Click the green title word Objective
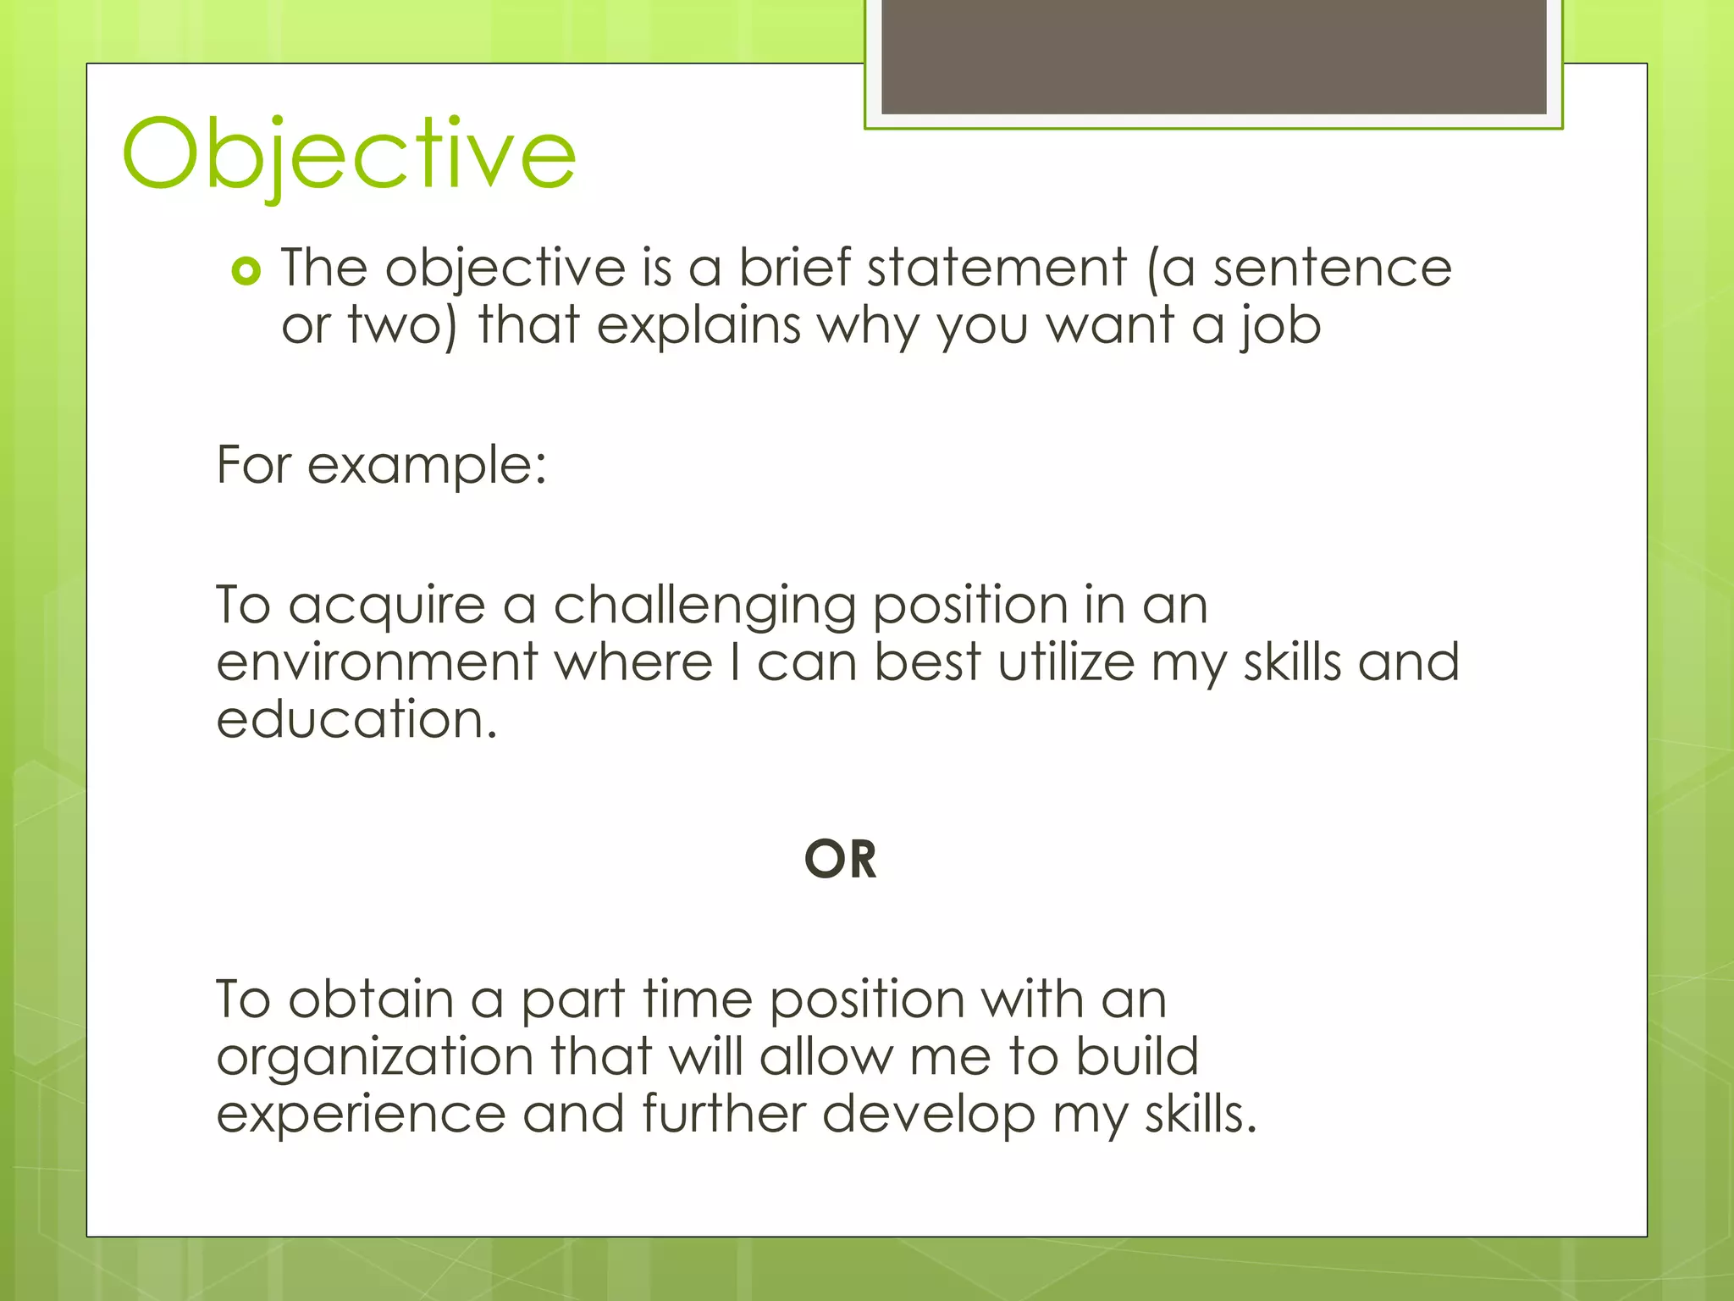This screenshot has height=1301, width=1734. pyautogui.click(x=349, y=154)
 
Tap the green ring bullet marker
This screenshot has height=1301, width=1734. pyautogui.click(x=246, y=271)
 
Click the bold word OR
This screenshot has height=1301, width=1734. pyautogui.click(x=840, y=860)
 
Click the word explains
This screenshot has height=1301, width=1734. pyautogui.click(x=699, y=326)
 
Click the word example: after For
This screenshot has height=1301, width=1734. pyautogui.click(x=427, y=466)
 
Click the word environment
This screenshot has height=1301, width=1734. pyautogui.click(x=377, y=662)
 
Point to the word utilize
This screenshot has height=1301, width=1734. pyautogui.click(x=1066, y=662)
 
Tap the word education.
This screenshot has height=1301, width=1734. pyautogui.click(x=356, y=720)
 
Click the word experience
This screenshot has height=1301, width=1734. pyautogui.click(x=361, y=1116)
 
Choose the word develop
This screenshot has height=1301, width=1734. pyautogui.click(x=928, y=1116)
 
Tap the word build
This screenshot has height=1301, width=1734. pyautogui.click(x=1137, y=1056)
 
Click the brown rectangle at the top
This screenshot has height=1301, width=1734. pyautogui.click(x=1213, y=56)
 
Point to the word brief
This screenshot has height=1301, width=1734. pyautogui.click(x=794, y=269)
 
